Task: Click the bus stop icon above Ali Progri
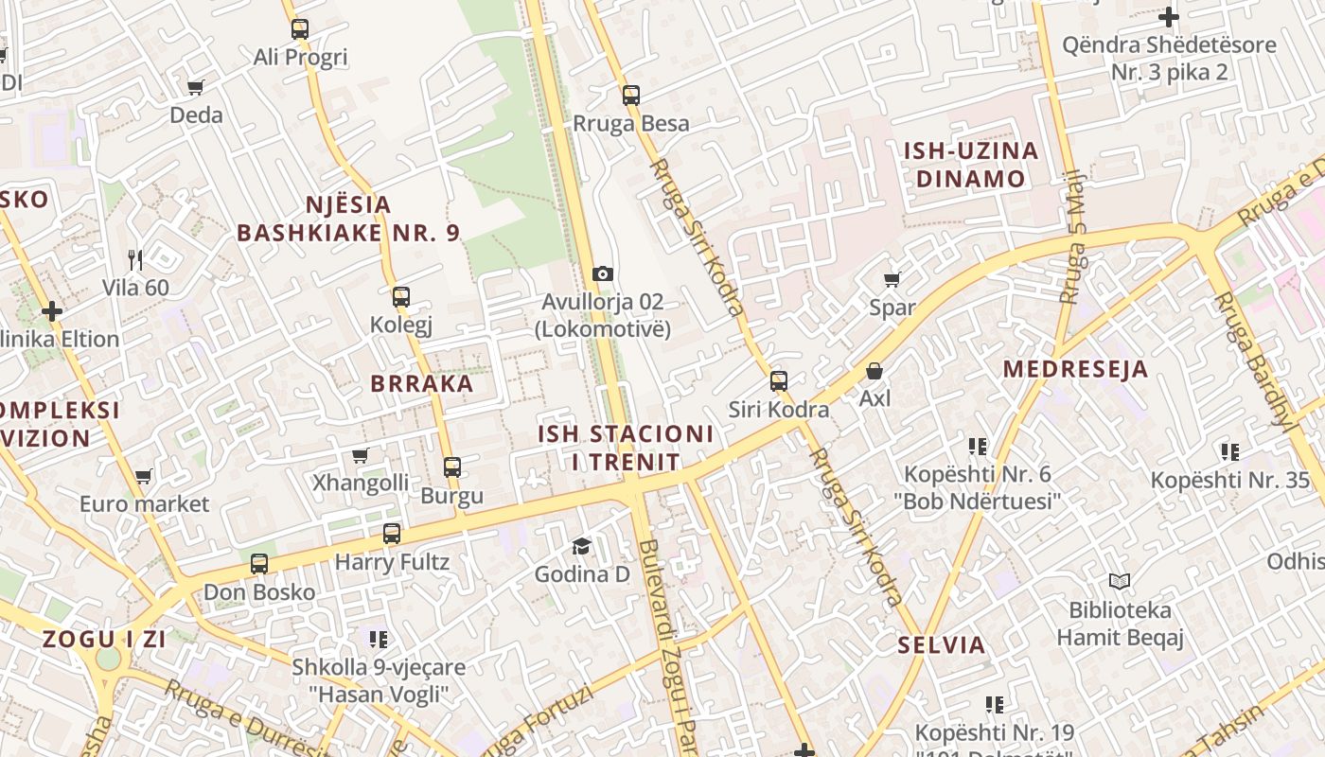tap(300, 29)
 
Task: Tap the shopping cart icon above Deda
tap(196, 88)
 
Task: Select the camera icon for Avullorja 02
tap(603, 274)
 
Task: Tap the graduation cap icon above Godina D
tap(581, 546)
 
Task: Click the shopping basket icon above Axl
tap(874, 371)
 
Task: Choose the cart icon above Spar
tap(892, 279)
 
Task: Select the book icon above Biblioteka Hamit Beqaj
tap(1120, 581)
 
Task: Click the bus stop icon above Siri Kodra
tap(779, 381)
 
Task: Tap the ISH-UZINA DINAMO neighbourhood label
tap(971, 165)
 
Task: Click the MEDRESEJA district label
tap(1076, 369)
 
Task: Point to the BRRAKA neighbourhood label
tap(422, 383)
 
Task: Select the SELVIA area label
tap(942, 645)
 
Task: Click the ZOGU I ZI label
tap(104, 639)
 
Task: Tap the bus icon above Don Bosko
tap(259, 564)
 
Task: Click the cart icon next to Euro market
tap(144, 476)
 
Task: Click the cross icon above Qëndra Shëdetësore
tap(1170, 17)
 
